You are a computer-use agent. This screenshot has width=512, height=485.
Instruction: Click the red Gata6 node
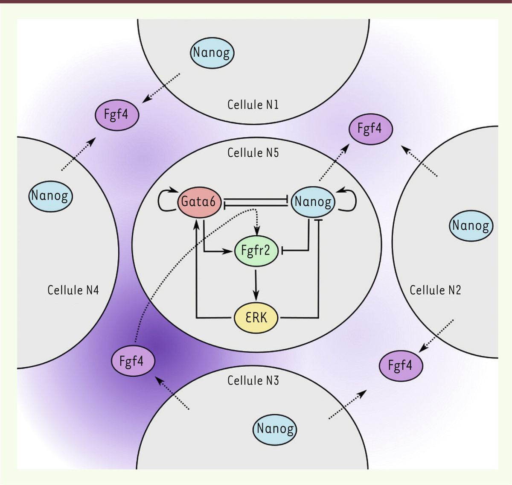coord(199,202)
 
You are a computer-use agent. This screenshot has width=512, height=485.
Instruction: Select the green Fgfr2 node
coord(256,251)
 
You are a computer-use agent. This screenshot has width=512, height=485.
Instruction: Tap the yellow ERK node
coord(256,318)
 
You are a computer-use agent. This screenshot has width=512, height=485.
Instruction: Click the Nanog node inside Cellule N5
coord(313,202)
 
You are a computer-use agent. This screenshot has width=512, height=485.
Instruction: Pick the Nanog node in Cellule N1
coord(212,53)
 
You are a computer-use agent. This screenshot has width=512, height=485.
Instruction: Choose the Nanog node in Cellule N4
coord(50,196)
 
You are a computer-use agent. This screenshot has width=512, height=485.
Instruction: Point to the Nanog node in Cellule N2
coord(471,226)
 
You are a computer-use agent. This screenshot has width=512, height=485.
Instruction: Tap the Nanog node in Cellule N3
coord(275,429)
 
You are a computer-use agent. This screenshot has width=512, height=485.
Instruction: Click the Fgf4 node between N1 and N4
coord(117,115)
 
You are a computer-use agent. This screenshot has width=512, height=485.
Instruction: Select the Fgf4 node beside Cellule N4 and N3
coord(133,361)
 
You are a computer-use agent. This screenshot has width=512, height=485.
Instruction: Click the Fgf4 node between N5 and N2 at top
coord(371,129)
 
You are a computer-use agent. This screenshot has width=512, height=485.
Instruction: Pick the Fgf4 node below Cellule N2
coord(401,366)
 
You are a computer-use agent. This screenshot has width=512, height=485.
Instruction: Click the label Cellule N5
coord(253,153)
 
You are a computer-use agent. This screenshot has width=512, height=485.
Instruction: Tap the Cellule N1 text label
coord(253,105)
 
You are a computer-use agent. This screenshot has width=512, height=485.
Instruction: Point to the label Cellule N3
coord(253,381)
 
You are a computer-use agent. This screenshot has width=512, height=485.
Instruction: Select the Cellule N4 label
coord(73,290)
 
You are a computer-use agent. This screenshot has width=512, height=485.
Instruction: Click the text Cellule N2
coord(436,290)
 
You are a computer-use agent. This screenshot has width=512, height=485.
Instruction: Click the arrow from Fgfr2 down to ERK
coord(256,285)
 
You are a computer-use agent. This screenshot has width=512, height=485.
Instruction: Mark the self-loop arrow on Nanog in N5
coord(355,201)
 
